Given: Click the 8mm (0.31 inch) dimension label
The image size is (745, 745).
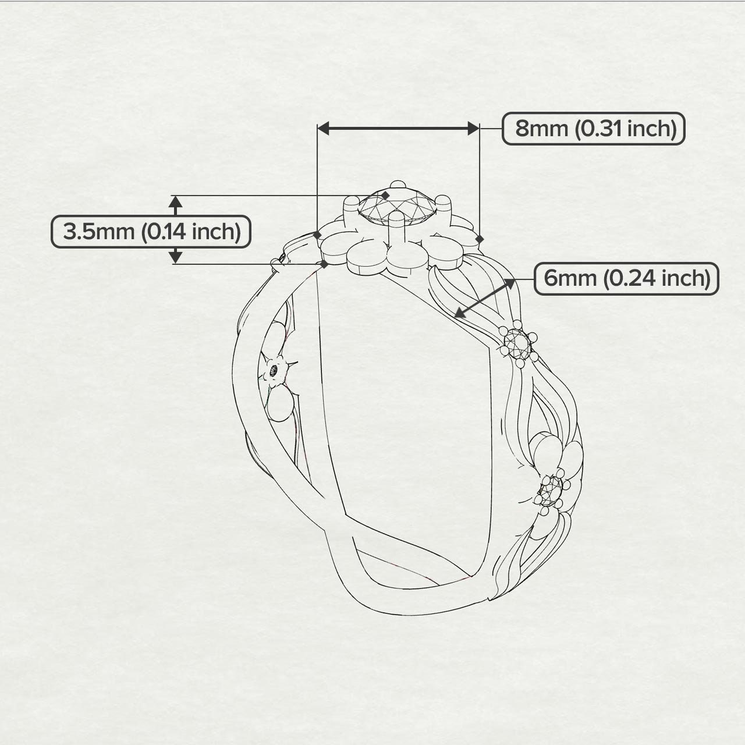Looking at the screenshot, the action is pos(593,129).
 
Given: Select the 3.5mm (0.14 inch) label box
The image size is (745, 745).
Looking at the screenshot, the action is pos(151,232).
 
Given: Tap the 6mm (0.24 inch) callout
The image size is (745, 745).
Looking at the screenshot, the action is pos(626,278).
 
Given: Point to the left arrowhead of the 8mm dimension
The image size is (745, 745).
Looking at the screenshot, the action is pos(323,128).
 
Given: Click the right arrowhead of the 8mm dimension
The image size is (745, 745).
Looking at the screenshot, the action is pos(473,128).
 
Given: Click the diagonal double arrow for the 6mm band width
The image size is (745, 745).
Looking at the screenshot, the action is pos(485,298).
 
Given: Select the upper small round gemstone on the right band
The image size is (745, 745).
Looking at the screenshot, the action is pos(517,342).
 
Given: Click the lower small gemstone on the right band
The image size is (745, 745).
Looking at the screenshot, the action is pos(551,491).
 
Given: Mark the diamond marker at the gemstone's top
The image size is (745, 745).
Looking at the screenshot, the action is pos(385,196).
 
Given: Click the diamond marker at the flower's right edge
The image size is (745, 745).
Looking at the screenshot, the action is pos(480,240).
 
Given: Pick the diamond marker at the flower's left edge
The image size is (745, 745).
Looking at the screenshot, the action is pos(317,235).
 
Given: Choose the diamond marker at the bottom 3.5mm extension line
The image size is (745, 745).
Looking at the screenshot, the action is pos(324,264).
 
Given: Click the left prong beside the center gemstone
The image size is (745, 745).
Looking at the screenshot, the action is pos(352,209).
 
